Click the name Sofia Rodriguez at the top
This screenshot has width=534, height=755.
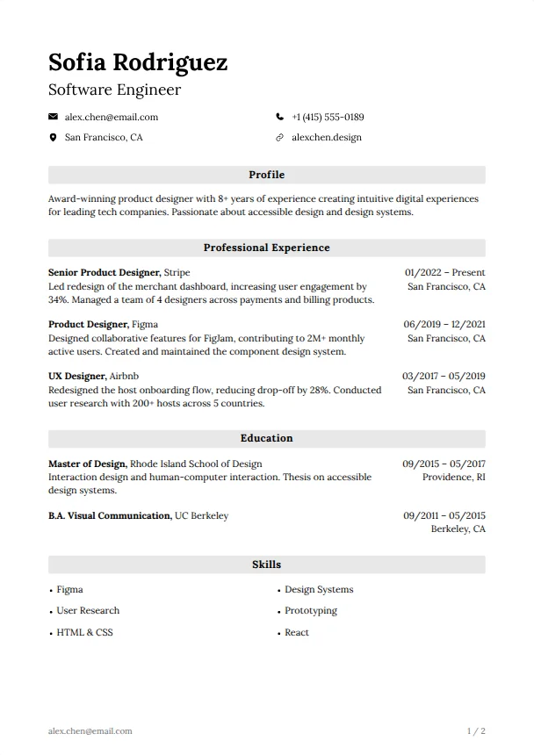click(x=138, y=62)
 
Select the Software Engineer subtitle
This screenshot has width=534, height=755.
click(x=114, y=90)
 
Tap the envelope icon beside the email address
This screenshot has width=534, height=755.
click(x=53, y=117)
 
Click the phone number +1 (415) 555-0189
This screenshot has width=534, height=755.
click(x=328, y=117)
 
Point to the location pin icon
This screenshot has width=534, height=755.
click(x=53, y=138)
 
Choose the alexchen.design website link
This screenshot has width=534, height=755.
click(x=326, y=138)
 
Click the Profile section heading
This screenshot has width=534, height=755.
click(x=266, y=175)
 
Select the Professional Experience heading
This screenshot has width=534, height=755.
click(x=266, y=248)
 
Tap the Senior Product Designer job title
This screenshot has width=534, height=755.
click(x=104, y=272)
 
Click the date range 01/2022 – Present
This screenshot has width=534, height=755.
click(x=444, y=272)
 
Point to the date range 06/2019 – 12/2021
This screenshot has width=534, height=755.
click(x=444, y=324)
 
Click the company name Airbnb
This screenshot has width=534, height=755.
click(x=124, y=376)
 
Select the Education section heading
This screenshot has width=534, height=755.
click(x=266, y=438)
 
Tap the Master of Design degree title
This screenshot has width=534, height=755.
click(x=88, y=464)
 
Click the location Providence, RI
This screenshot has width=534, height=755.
click(x=453, y=478)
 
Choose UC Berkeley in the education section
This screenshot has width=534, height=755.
click(x=201, y=515)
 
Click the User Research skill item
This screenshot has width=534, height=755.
click(x=88, y=610)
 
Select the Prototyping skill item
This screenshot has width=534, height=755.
click(x=310, y=610)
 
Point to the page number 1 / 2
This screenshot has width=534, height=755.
click(x=476, y=730)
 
